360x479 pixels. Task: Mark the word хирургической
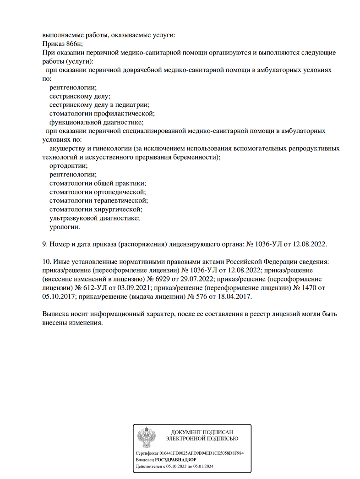pos(117,209)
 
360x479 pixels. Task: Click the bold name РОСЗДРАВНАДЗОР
pos(176,459)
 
